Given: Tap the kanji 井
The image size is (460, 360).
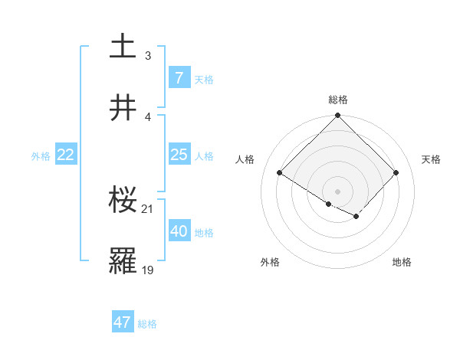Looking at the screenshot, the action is pos(123,108).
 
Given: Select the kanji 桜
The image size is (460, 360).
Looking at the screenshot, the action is pos(123,200).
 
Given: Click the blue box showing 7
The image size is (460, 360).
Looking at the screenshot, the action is pos(179,77).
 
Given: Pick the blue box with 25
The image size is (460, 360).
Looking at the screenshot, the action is pos(179,155).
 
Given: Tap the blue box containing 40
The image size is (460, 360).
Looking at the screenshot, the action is pos(179,231).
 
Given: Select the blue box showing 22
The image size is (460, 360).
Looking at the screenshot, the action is pos(66,155).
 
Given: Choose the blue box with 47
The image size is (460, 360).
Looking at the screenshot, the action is pos(123,322).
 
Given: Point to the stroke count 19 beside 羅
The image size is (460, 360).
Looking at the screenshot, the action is pos(148,270).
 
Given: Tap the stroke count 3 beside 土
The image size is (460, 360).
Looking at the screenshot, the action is pos(148,55).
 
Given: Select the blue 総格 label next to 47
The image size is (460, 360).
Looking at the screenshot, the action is pos(147,324).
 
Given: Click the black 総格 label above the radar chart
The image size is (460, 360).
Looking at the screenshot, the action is pos(338,100).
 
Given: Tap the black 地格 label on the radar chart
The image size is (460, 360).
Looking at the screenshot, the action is pos(402,262).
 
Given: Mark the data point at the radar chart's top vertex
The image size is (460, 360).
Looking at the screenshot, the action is pos(338,116).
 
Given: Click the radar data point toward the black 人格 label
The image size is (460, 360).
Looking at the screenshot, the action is pos(280,173).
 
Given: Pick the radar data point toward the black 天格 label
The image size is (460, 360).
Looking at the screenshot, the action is pos(396,173).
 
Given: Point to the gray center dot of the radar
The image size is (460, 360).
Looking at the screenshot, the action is pos(338,190).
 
